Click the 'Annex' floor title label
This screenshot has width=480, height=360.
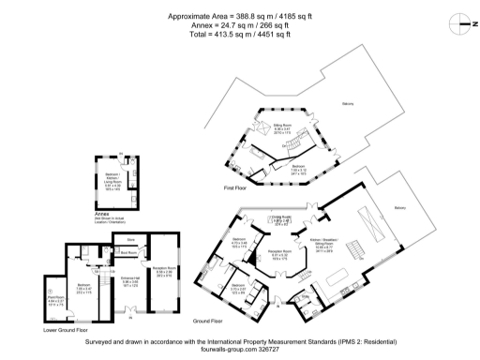tap(102, 214)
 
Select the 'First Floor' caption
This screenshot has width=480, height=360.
tap(235, 188)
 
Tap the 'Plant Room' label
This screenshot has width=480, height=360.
tap(53, 301)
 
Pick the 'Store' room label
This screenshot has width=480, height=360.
tap(132, 240)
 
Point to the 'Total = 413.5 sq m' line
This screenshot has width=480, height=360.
tap(239, 34)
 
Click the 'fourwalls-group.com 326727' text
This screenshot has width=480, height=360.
tap(240, 352)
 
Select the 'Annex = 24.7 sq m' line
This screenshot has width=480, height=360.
tap(239, 25)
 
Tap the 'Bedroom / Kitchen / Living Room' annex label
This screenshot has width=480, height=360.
tap(112, 180)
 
